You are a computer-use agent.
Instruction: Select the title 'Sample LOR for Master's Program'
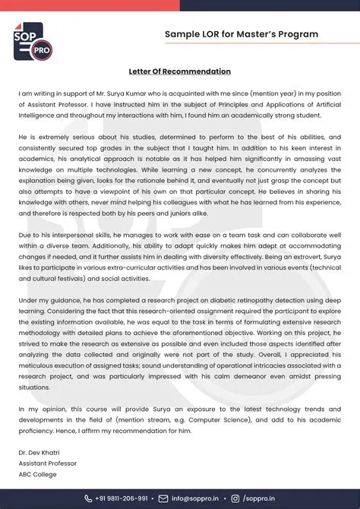point(241,34)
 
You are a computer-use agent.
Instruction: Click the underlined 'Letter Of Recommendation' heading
point(180,71)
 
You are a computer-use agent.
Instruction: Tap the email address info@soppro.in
point(199,498)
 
